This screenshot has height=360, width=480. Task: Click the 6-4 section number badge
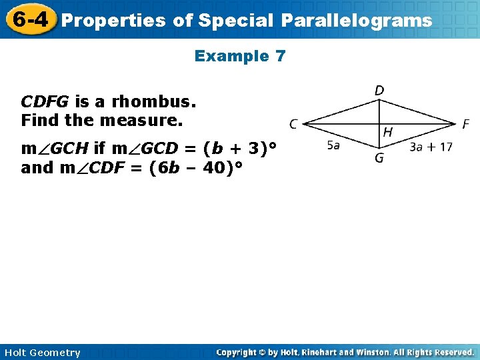[x=28, y=19]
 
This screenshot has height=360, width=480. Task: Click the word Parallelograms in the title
[x=356, y=21]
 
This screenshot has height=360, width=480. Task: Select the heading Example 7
[x=240, y=57]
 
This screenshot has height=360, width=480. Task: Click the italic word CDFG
[x=45, y=102]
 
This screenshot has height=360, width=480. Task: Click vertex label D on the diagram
[x=379, y=90]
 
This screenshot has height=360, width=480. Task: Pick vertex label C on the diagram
[x=293, y=123]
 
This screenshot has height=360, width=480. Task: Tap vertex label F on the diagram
[x=466, y=124]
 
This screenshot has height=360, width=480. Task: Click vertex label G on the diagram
[x=379, y=159]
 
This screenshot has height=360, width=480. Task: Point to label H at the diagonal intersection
[x=387, y=133]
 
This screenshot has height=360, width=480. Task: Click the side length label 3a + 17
[x=431, y=147]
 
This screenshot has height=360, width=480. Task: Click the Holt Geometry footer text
[x=41, y=353]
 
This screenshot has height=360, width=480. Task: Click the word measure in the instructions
[x=154, y=121]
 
